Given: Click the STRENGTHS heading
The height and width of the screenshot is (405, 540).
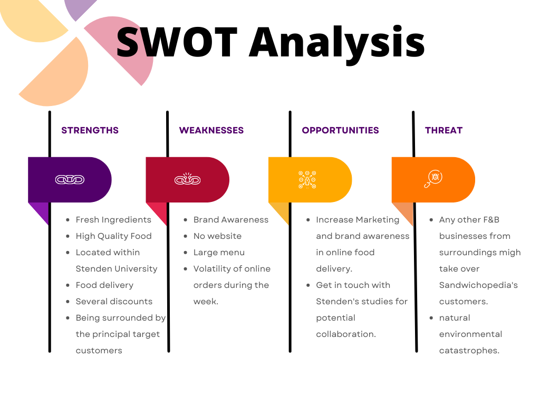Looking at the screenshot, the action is [90, 130].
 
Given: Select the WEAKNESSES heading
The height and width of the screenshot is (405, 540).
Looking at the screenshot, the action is [211, 130].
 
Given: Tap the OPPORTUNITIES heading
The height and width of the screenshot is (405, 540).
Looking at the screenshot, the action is [340, 130].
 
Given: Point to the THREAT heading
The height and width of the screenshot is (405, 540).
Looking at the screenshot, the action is [443, 130].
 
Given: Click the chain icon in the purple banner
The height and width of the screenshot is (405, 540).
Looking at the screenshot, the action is [70, 180].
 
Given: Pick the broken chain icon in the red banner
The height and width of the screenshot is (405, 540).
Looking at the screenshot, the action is [187, 179].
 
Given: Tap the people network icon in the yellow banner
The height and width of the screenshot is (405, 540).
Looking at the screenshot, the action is [307, 179].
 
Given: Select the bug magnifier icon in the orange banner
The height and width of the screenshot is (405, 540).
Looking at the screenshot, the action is [433, 179].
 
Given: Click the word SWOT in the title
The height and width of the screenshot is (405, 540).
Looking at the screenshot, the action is [177, 42].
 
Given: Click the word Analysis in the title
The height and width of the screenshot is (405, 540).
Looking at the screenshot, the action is [337, 44].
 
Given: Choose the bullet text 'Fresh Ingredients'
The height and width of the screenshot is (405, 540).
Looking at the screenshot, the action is [113, 220].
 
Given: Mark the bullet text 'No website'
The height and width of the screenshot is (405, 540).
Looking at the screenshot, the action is [217, 236].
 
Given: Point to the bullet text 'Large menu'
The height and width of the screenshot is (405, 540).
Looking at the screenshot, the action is [219, 253].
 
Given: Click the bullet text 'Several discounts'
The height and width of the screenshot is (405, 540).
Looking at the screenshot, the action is [114, 301].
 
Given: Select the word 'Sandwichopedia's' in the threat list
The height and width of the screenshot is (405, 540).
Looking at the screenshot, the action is [478, 285].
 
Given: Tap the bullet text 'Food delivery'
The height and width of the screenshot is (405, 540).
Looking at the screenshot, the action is [104, 285].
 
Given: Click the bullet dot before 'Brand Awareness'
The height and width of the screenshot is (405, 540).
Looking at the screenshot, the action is [186, 220].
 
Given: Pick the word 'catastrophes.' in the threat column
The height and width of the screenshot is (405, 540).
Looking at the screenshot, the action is [469, 351].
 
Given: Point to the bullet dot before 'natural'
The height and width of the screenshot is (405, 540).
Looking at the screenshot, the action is [431, 318].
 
